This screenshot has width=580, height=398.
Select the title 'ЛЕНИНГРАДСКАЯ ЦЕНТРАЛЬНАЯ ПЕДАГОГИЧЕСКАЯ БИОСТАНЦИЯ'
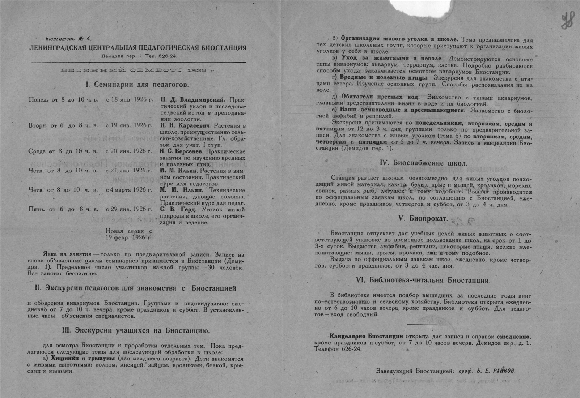[x=138, y=48]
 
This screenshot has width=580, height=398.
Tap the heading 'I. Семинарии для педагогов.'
[x=137, y=85]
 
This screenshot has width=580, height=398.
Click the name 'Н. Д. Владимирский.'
[x=192, y=99]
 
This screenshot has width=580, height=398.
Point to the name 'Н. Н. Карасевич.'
[x=186, y=125]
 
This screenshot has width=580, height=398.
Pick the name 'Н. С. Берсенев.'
[x=183, y=151]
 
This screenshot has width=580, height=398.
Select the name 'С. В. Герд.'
[x=178, y=210]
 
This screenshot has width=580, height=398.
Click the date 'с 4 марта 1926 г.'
[x=129, y=190]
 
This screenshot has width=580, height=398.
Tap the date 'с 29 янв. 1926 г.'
[x=129, y=209]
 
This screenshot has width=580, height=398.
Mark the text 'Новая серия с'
[x=129, y=231]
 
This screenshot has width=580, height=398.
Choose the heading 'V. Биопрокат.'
[x=423, y=219]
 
